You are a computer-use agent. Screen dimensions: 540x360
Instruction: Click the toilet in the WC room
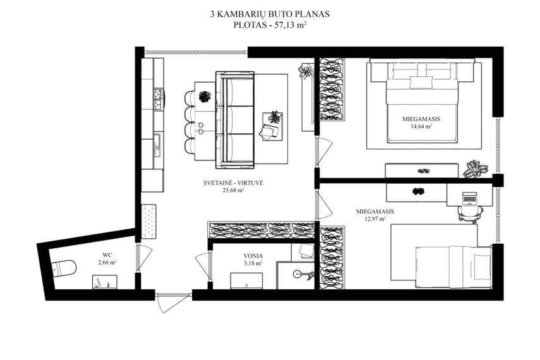click(64, 268)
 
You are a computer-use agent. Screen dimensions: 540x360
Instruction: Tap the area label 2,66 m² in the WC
click(107, 263)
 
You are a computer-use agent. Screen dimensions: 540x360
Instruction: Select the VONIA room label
click(253, 256)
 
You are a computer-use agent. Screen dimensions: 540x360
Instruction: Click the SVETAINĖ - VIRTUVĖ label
click(233, 183)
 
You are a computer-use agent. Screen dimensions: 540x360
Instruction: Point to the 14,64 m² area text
click(421, 126)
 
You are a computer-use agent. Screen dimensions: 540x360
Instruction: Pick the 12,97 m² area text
click(375, 219)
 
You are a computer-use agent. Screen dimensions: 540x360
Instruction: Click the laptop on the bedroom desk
click(469, 198)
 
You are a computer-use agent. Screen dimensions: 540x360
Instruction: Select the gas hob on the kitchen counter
click(159, 99)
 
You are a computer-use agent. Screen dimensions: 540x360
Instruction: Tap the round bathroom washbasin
click(298, 274)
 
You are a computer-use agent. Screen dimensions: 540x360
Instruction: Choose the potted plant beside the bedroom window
click(475, 169)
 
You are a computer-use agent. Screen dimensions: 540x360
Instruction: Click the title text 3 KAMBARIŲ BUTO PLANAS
click(270, 14)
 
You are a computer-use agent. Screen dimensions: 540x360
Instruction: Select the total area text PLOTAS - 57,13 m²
click(270, 25)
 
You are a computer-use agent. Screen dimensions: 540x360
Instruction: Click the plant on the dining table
click(205, 97)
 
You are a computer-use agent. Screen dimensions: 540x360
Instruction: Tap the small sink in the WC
click(104, 282)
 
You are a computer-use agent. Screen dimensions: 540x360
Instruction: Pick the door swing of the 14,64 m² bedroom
click(324, 150)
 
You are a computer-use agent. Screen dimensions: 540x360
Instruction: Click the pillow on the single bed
click(481, 265)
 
